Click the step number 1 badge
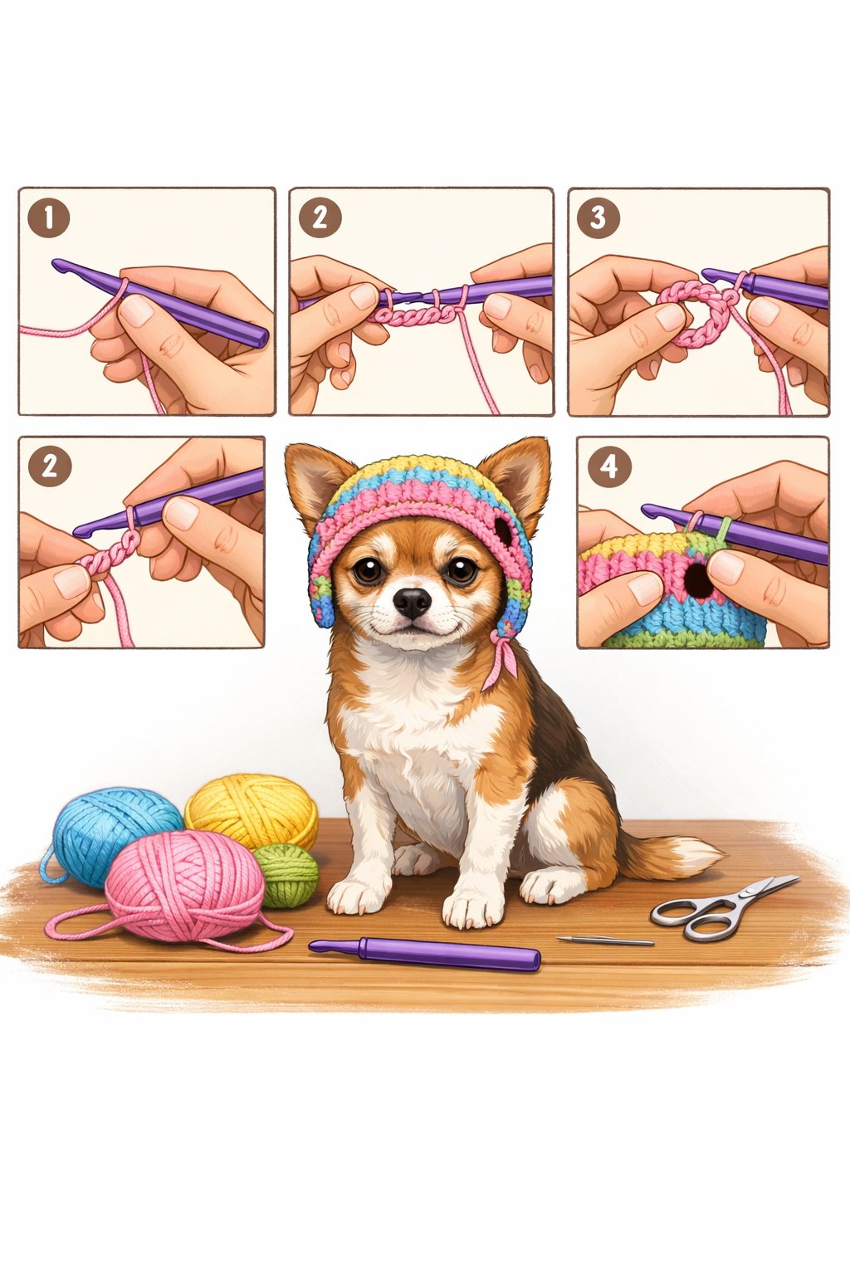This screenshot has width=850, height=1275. [48, 218]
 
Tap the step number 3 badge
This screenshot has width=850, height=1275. [598, 218]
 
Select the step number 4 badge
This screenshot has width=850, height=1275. [608, 467]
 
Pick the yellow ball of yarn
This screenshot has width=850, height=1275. [251, 809]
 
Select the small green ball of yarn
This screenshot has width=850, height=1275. [287, 874]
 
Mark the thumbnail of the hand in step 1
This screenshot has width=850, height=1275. [137, 310]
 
